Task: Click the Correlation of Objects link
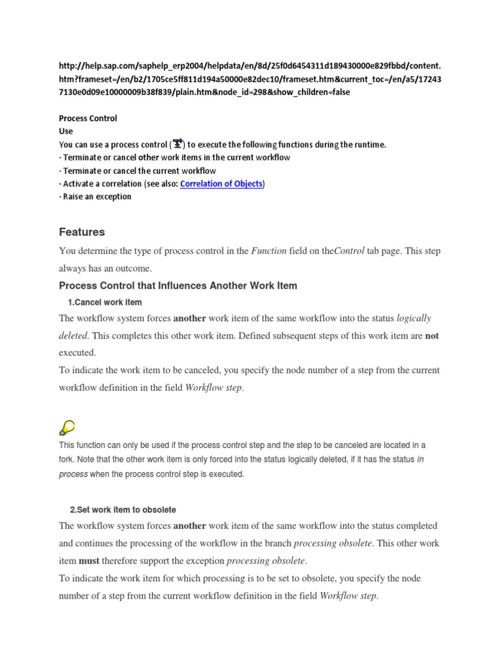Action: (x=222, y=184)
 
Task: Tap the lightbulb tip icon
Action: (x=67, y=427)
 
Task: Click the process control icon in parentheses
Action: (x=178, y=144)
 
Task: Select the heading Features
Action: (x=82, y=232)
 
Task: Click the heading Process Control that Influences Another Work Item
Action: (x=178, y=285)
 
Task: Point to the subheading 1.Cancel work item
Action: (x=104, y=302)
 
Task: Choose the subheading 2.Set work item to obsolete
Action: (x=123, y=509)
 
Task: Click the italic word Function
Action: (x=269, y=251)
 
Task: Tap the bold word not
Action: (x=433, y=335)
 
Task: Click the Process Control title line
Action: (x=88, y=119)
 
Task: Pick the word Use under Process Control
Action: (x=66, y=132)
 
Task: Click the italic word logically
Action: (x=414, y=318)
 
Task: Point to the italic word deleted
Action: (x=75, y=335)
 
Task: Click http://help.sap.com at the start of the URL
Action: (x=97, y=66)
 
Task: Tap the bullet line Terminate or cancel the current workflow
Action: (x=138, y=171)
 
